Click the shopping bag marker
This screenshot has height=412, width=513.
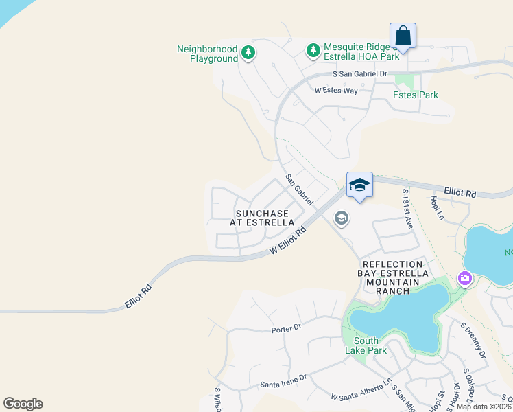tap(403, 35)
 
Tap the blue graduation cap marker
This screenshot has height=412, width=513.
tap(359, 185)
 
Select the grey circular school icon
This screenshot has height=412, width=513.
tap(341, 218)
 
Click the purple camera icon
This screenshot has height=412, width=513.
tap(465, 279)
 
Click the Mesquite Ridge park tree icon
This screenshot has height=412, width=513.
tap(313, 50)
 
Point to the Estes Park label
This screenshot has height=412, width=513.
tap(415, 95)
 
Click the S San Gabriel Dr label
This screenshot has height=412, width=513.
tap(359, 73)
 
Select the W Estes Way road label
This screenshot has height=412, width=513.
tap(336, 90)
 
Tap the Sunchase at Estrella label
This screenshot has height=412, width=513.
tap(265, 218)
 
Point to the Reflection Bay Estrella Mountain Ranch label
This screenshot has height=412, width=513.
tap(392, 277)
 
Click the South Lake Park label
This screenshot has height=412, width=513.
tap(370, 346)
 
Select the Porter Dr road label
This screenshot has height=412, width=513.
tap(286, 328)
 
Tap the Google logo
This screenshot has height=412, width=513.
tap(23, 404)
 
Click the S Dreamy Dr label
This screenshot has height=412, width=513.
tap(473, 341)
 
